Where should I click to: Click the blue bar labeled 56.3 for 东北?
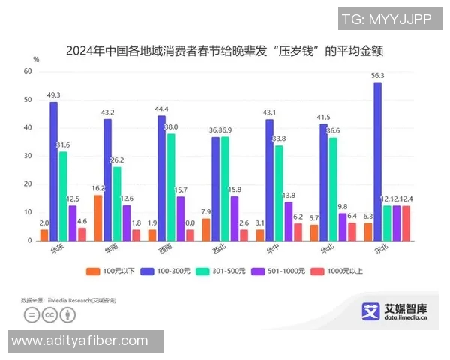(x=376, y=160)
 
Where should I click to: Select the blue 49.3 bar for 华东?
(x=53, y=171)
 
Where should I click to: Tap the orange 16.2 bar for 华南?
(x=97, y=217)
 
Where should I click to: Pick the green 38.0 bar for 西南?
(x=171, y=187)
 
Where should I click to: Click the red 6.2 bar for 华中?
(x=298, y=232)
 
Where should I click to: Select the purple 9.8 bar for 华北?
(x=343, y=226)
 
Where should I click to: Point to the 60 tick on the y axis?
(x=28, y=71)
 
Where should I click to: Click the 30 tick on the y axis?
(x=28, y=156)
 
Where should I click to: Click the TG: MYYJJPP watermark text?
(x=386, y=19)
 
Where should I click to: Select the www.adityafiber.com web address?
(x=80, y=340)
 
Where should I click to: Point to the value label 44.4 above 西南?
(x=160, y=109)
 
